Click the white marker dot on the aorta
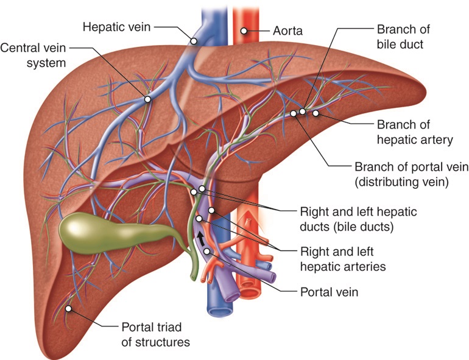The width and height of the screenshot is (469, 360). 244,30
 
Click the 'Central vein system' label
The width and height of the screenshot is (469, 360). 33,53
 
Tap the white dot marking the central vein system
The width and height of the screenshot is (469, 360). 147,98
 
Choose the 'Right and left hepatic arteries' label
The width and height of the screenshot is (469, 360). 344,258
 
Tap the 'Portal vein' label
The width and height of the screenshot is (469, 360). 329,292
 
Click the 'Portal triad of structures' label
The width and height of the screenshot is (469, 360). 155,334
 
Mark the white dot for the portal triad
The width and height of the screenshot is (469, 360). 69,309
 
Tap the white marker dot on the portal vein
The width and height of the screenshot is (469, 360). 207,252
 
